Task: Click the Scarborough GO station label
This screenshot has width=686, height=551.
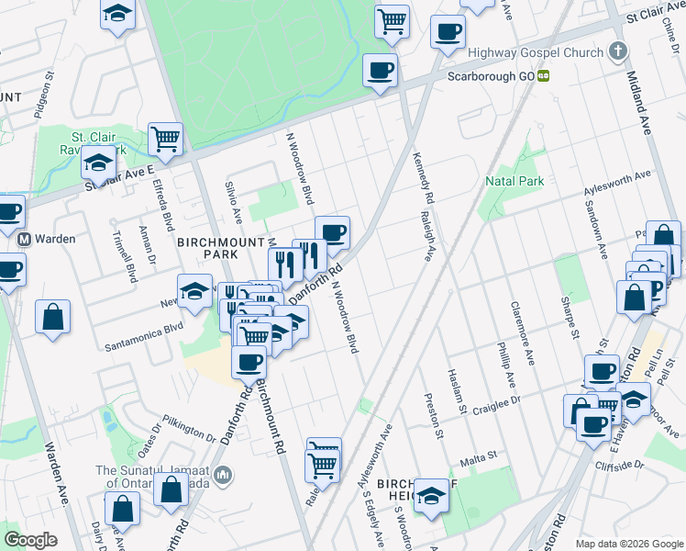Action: (491, 76)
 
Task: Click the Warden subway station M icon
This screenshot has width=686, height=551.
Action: (25, 239)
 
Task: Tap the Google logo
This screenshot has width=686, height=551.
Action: (30, 540)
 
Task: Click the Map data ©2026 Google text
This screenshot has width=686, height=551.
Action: (628, 544)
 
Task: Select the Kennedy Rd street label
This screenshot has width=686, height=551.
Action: (422, 179)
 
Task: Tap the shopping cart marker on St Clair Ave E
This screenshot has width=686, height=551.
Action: (165, 139)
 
